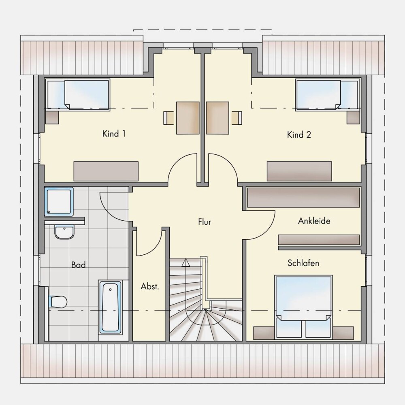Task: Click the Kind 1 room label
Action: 114,134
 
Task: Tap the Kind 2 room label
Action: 299,134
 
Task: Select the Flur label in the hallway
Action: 205,222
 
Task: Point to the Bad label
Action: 78,265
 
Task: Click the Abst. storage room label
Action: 150,286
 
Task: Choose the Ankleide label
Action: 314,221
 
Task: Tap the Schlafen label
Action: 303,263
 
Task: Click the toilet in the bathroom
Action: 58,301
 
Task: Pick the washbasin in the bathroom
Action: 64,232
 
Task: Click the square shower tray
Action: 59,201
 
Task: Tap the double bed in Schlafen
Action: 303,307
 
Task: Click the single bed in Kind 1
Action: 77,95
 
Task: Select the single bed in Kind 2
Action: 328,95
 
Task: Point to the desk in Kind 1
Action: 188,118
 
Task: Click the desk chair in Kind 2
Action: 237,118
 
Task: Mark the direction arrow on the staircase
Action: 185,263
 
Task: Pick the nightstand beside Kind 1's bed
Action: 52,117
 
